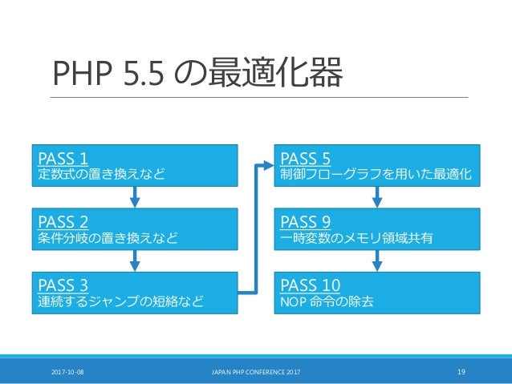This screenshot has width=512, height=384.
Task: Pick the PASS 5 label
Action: click(304, 156)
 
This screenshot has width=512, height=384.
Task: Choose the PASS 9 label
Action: click(304, 220)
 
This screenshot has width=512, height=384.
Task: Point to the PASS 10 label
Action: click(309, 285)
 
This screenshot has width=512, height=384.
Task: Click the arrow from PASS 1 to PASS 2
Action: click(136, 194)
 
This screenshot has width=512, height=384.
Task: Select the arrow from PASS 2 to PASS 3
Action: click(136, 258)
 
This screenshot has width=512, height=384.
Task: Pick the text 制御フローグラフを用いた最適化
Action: click(376, 173)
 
